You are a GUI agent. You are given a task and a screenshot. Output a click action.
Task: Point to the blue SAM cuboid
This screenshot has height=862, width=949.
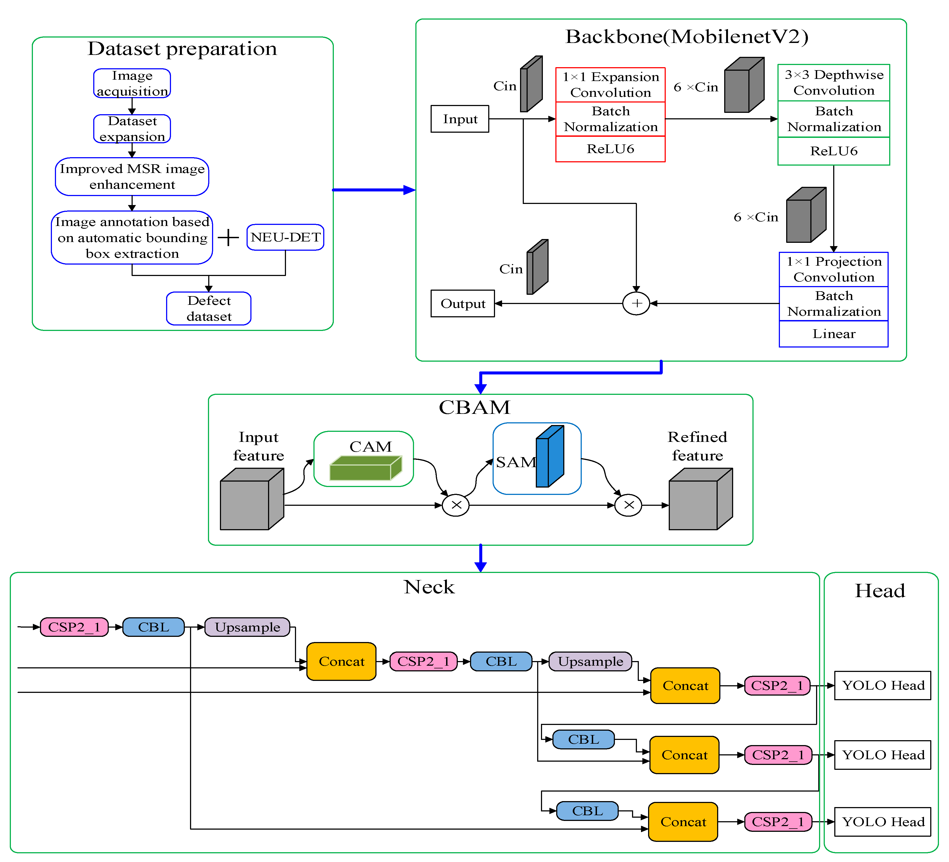(x=550, y=457)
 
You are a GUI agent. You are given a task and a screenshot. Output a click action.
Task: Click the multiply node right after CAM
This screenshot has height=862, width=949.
(x=456, y=505)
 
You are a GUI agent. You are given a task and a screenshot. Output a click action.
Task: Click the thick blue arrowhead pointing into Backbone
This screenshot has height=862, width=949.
(x=410, y=190)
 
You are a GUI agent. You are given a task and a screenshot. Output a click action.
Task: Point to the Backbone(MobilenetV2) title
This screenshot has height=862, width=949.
(x=686, y=37)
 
